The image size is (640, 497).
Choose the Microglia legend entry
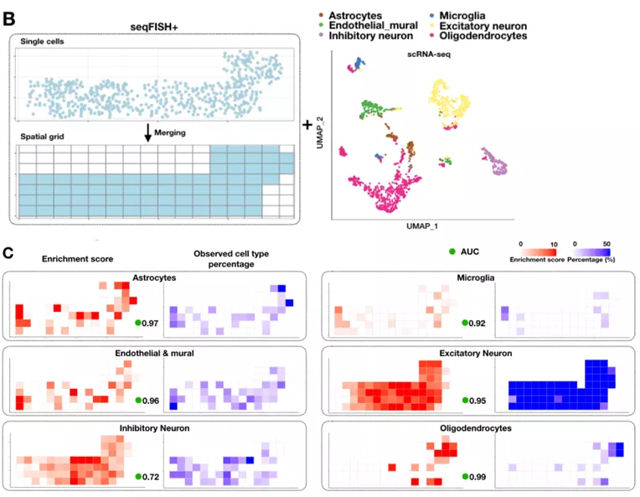click(x=465, y=16)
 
